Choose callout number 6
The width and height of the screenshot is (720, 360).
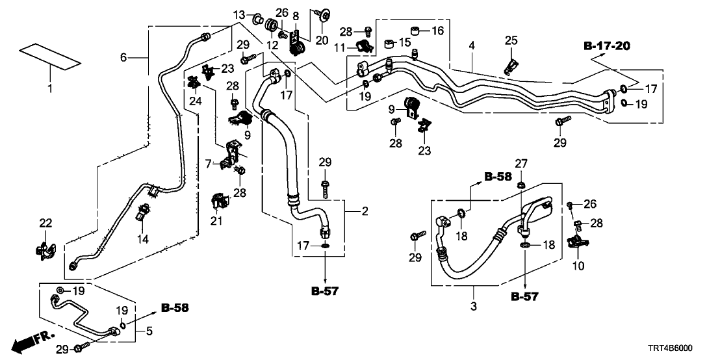coord(123,58)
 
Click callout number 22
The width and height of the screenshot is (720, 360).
coord(45,223)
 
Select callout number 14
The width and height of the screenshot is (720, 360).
coord(142,240)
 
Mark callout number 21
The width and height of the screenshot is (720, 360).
coord(216,222)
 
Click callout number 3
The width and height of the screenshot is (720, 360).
coord(473,305)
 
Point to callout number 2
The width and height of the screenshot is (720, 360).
coord(365,211)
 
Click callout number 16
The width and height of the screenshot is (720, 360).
coord(436,31)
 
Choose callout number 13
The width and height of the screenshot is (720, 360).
coord(239,15)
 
